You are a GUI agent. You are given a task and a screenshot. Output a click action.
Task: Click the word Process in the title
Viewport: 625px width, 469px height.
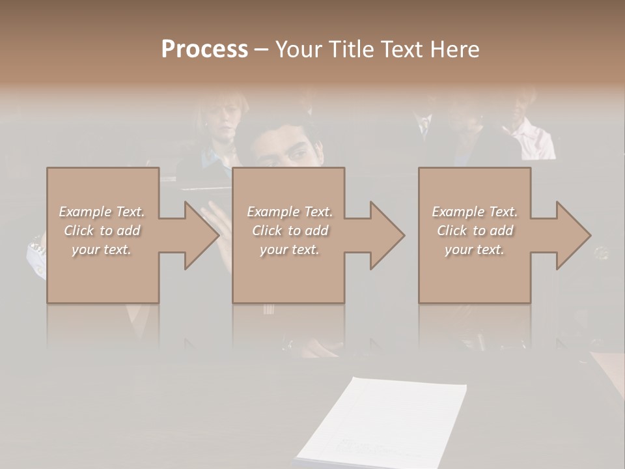(204, 50)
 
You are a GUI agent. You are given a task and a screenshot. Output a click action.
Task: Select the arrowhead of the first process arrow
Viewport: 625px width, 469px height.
(201, 235)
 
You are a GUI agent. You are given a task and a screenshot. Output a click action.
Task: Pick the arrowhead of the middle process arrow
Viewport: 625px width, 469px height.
(387, 235)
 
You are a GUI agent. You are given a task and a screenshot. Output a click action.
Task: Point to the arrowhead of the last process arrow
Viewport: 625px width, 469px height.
(573, 235)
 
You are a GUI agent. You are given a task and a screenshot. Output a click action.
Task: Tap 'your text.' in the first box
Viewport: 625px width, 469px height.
(102, 249)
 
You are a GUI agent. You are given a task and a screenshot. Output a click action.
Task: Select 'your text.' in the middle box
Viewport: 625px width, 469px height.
(290, 249)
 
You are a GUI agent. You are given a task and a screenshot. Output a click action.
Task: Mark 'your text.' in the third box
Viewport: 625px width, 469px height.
(475, 249)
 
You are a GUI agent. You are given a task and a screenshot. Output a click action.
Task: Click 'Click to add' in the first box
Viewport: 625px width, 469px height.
(102, 231)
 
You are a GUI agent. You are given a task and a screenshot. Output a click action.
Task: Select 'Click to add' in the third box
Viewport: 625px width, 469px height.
(475, 231)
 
